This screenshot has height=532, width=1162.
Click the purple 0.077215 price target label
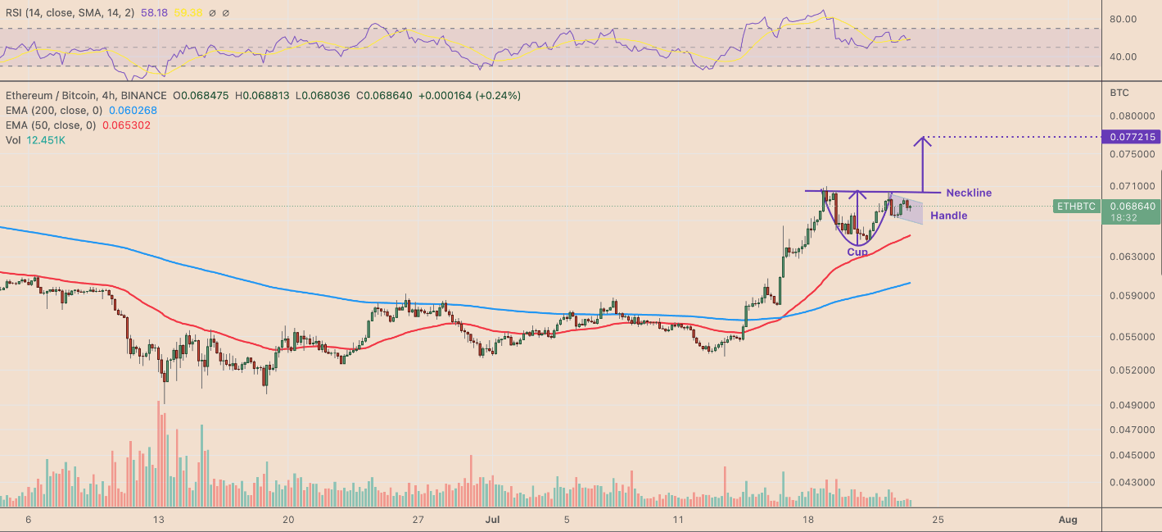click(x=1132, y=137)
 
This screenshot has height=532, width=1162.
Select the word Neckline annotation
click(x=969, y=193)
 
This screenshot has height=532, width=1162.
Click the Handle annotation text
click(x=948, y=216)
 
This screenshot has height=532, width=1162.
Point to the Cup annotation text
click(x=857, y=252)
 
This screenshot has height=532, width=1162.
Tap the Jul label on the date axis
click(x=493, y=520)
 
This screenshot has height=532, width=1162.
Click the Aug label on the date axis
click(x=1066, y=520)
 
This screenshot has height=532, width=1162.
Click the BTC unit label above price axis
click(x=1119, y=93)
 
